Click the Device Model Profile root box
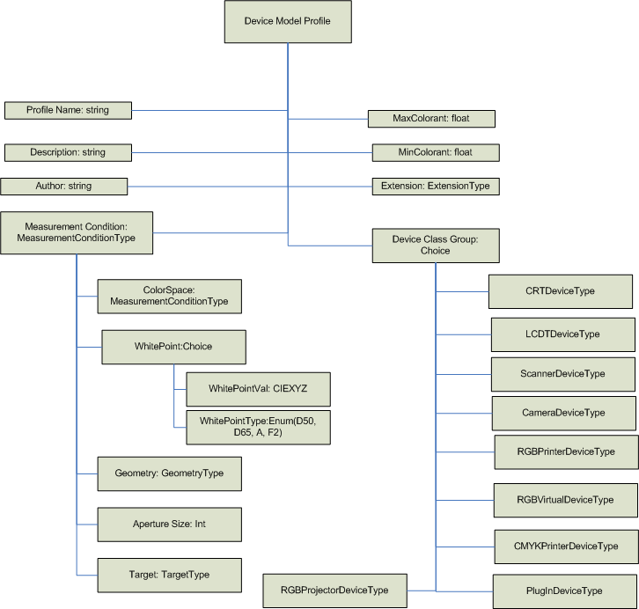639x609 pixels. pos(287,21)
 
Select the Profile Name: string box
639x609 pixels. pos(68,110)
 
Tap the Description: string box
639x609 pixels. pos(68,152)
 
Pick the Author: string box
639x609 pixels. pos(64,186)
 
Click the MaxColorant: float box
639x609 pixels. pos(432,118)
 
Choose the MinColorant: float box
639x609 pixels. pos(436,152)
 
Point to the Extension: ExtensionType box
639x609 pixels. pos(436,186)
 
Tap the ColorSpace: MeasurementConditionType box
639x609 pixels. pos(169,296)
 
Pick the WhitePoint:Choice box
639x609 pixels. pos(169,347)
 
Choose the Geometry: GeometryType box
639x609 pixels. pos(169,473)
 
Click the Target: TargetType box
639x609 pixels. pos(169,574)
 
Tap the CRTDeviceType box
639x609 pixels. pos(561,290)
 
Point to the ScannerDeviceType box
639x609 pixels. pos(563,373)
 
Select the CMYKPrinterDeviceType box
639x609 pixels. pos(565,546)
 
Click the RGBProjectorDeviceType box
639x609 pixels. pos(335,590)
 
